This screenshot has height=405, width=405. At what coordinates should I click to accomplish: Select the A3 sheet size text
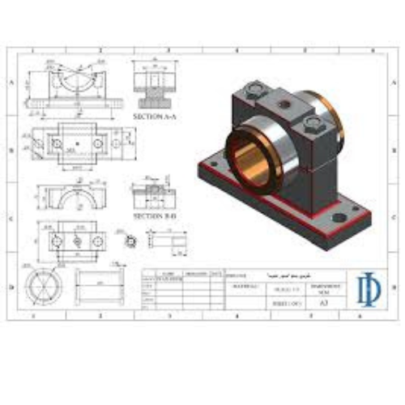coord(324,302)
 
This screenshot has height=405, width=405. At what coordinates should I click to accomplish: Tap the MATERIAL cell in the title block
coord(244,287)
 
